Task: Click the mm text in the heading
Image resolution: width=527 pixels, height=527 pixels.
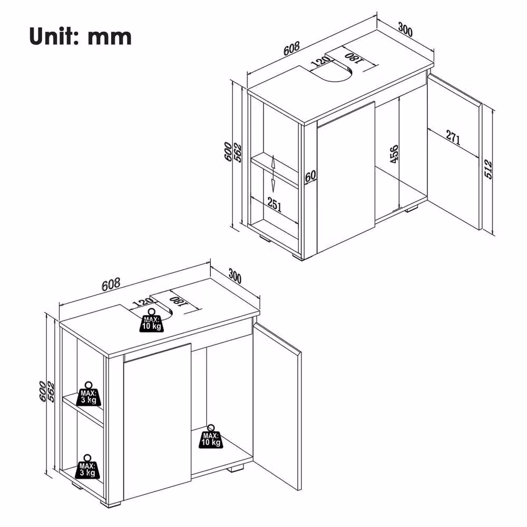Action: click(x=110, y=37)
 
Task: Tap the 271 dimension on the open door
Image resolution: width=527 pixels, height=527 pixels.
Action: click(x=453, y=137)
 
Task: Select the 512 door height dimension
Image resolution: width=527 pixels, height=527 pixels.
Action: click(x=488, y=169)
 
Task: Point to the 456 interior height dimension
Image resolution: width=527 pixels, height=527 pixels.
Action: click(x=394, y=154)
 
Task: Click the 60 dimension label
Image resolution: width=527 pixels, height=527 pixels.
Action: click(x=310, y=176)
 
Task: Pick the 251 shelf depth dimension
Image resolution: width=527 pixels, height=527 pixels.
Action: click(x=274, y=204)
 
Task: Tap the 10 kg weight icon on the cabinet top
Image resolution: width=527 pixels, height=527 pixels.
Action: click(x=151, y=320)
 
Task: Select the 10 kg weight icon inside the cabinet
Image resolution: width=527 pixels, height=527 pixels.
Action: click(x=211, y=436)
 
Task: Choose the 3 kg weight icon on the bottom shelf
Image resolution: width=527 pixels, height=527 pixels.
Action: click(x=87, y=466)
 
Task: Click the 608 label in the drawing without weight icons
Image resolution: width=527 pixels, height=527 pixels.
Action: click(x=291, y=48)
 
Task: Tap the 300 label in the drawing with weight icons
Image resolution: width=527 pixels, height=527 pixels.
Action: click(x=235, y=276)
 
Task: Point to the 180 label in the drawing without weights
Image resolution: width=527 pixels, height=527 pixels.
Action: click(x=354, y=57)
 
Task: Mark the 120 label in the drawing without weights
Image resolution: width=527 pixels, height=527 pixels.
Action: click(x=320, y=61)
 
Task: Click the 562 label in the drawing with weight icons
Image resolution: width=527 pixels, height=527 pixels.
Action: click(x=51, y=392)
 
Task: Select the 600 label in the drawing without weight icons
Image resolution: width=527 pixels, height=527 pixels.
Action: click(x=228, y=152)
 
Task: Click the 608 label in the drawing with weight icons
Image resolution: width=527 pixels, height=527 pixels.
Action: click(x=111, y=285)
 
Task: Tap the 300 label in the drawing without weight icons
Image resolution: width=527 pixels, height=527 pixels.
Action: click(x=405, y=29)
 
